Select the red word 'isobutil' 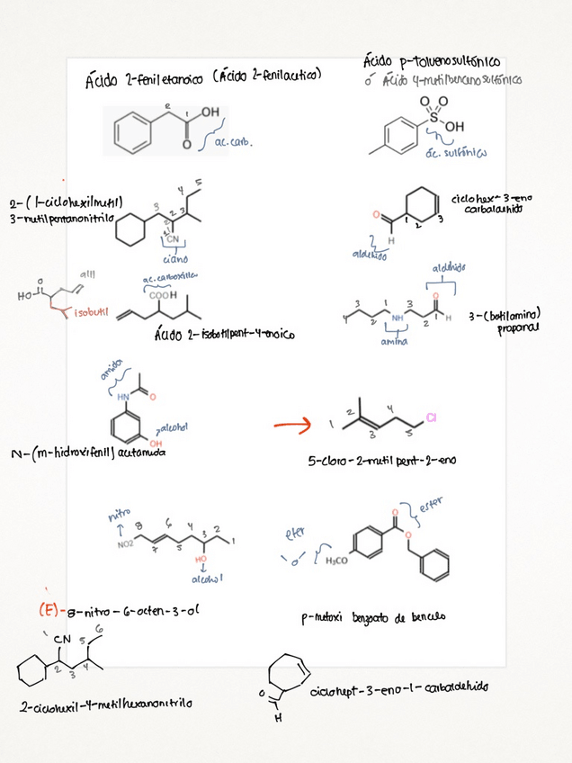point(92,314)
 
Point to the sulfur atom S point(424,117)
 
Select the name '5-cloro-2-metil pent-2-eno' point(382,459)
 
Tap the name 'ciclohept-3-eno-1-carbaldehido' point(399,687)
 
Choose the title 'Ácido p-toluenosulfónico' point(432,62)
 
